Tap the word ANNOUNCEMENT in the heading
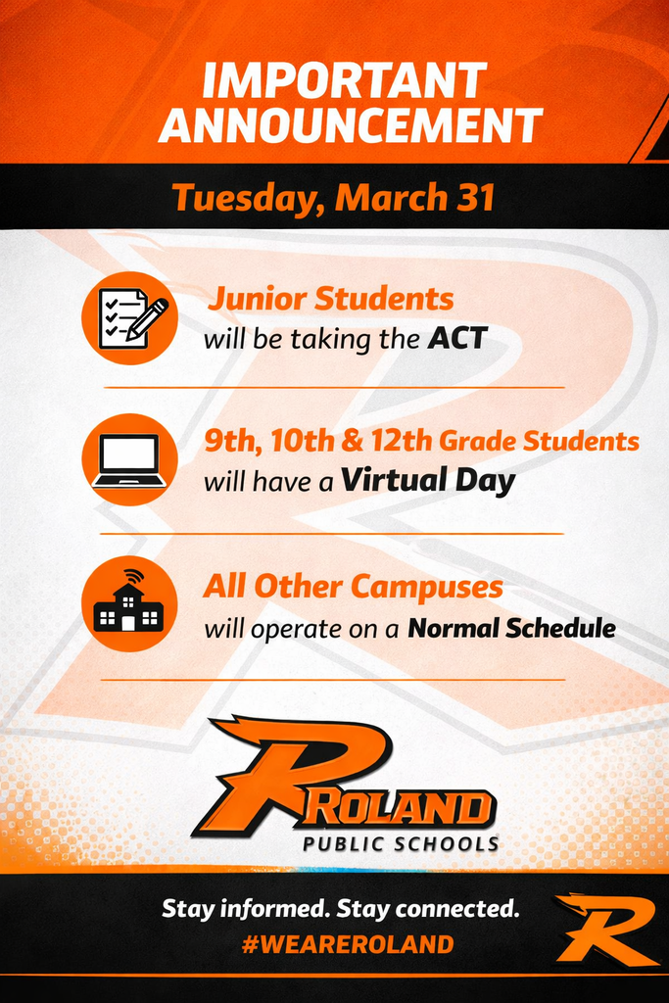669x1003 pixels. pyautogui.click(x=350, y=126)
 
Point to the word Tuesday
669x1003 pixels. pyautogui.click(x=247, y=197)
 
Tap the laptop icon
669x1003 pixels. pyautogui.click(x=129, y=459)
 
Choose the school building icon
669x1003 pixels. pyautogui.click(x=129, y=602)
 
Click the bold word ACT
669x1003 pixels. pyautogui.click(x=457, y=340)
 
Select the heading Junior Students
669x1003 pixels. pyautogui.click(x=330, y=299)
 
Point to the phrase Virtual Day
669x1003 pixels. pyautogui.click(x=428, y=481)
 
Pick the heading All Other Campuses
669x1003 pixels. pyautogui.click(x=353, y=587)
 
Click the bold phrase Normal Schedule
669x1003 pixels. pyautogui.click(x=511, y=628)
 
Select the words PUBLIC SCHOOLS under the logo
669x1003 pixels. pyautogui.click(x=400, y=843)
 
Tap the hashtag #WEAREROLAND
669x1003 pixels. pyautogui.click(x=347, y=944)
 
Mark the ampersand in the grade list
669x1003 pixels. pyautogui.click(x=350, y=442)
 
